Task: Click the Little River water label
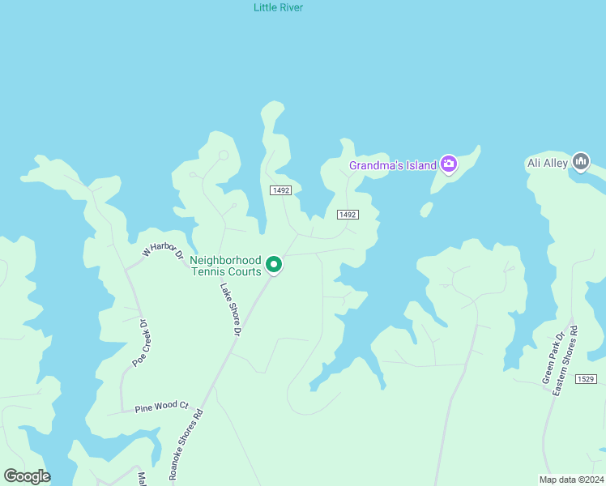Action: [x=278, y=7]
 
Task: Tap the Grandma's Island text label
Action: [x=392, y=166]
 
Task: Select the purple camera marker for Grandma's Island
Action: [x=449, y=165]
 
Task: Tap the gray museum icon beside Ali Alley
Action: [x=581, y=162]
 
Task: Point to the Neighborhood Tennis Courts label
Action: [x=225, y=266]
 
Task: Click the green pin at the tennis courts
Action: [x=274, y=265]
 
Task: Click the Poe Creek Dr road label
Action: [x=143, y=341]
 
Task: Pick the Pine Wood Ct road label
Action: [x=161, y=406]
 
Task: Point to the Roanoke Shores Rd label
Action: [x=186, y=444]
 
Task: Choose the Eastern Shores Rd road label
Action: [x=565, y=360]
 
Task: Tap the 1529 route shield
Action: [x=587, y=379]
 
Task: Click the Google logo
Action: [x=27, y=475]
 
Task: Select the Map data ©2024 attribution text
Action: [x=570, y=480]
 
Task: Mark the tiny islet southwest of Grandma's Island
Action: [x=426, y=210]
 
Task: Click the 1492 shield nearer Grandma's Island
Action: [x=348, y=214]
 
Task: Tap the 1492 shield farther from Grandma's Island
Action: [x=280, y=190]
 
